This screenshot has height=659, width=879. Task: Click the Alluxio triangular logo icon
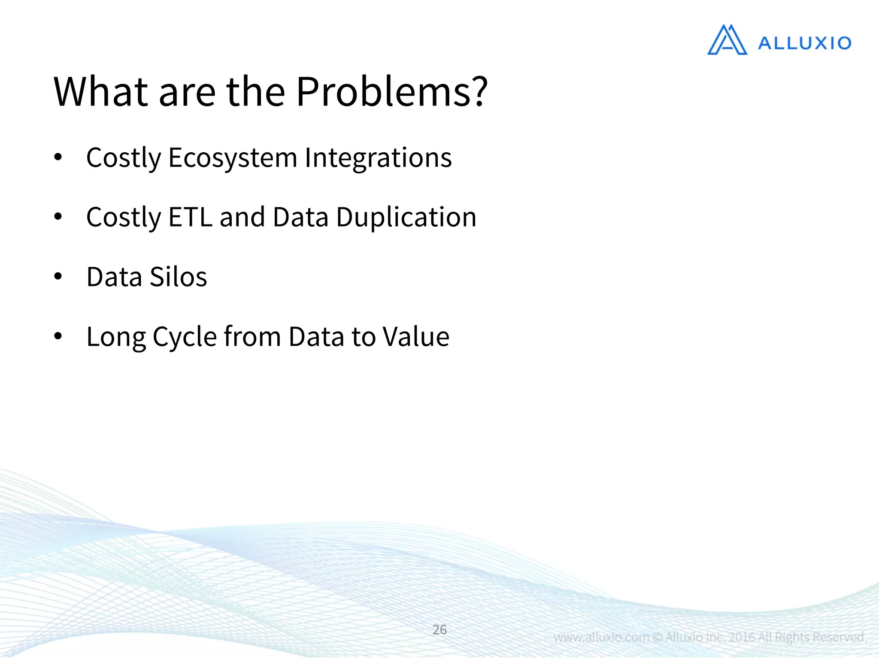(727, 40)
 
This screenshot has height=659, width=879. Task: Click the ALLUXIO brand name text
(804, 43)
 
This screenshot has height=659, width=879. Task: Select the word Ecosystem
(232, 158)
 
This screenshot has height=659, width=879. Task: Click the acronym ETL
(190, 217)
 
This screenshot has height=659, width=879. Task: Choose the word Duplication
(406, 217)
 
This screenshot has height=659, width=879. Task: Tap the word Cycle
(185, 337)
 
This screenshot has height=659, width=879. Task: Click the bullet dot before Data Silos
(58, 277)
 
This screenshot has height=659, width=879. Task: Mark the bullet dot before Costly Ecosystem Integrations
(58, 157)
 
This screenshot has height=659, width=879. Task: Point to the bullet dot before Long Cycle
(58, 336)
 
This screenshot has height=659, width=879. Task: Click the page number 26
(439, 629)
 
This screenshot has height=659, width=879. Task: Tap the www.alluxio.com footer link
(601, 637)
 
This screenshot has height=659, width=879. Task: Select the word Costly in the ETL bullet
(124, 217)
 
